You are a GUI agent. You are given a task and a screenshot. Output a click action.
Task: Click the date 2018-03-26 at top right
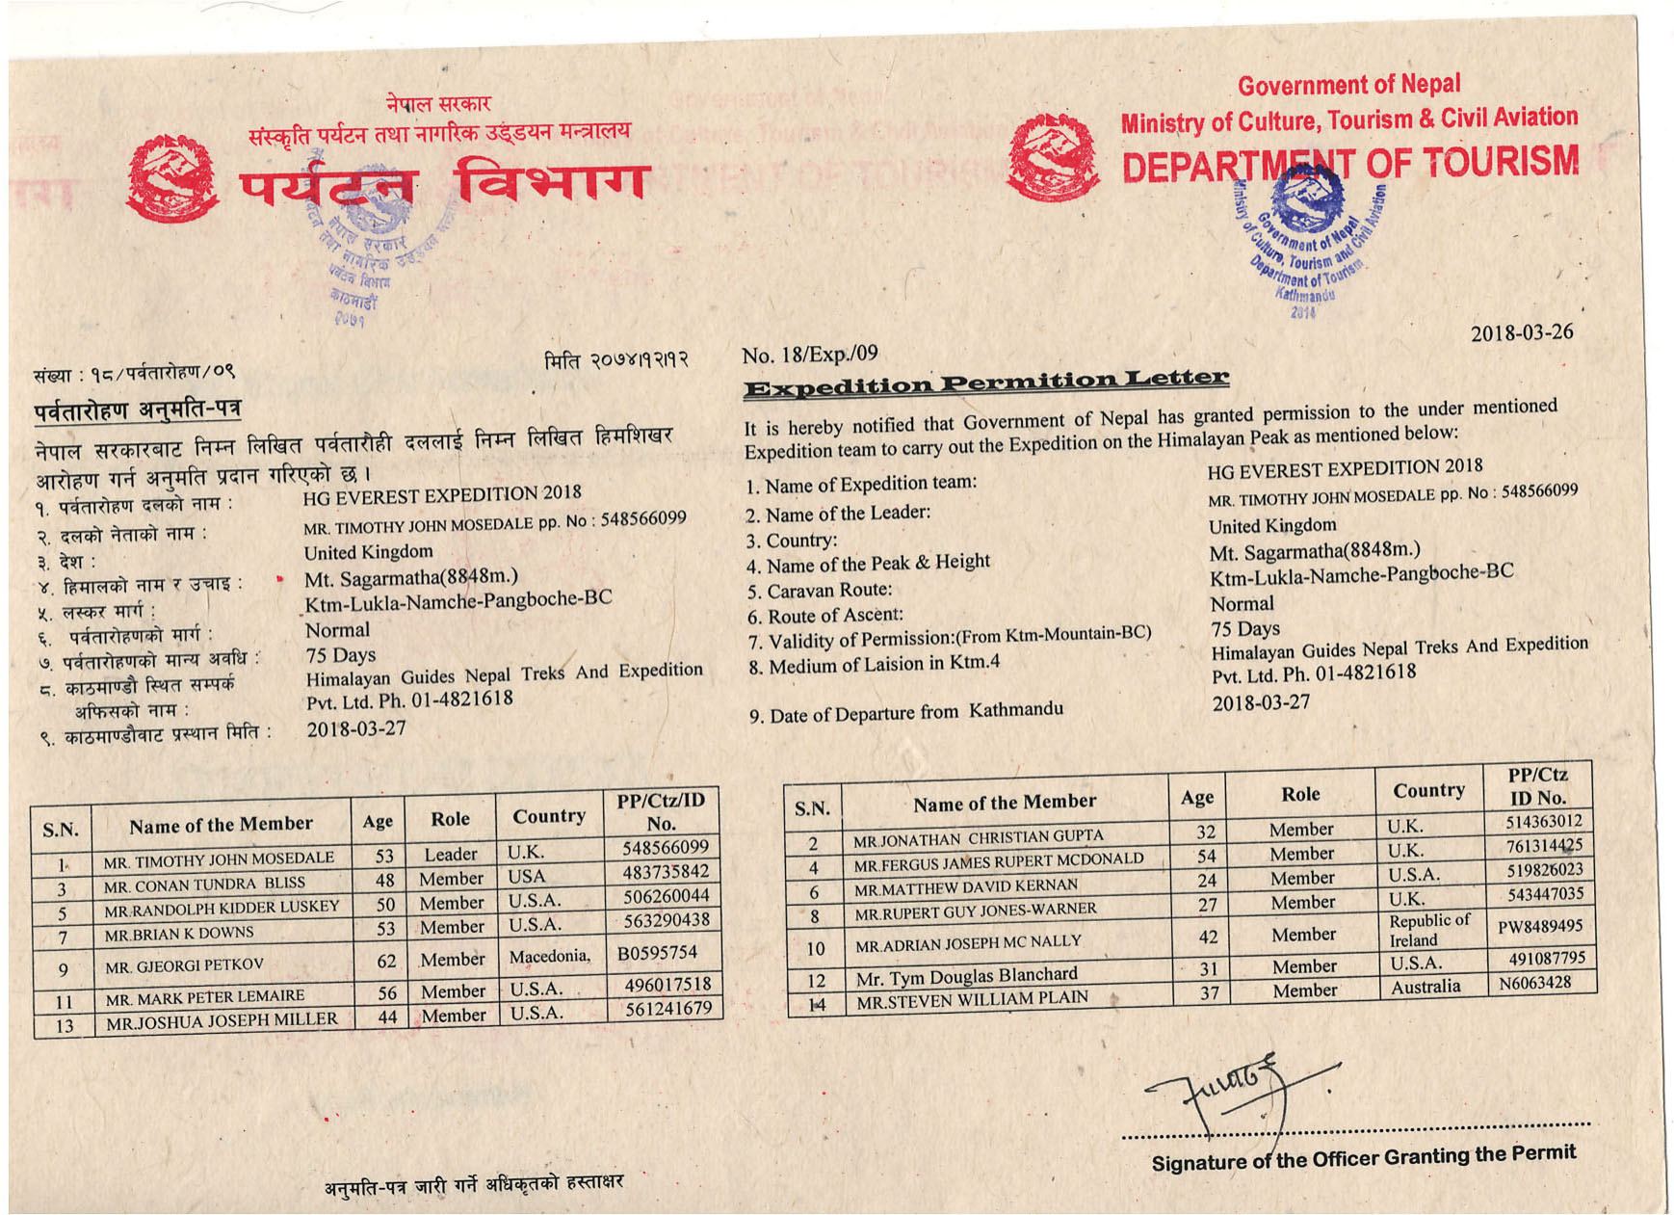(1521, 333)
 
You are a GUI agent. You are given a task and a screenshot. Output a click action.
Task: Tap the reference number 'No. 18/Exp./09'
(809, 355)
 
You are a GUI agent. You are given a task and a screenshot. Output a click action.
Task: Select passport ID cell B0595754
(657, 953)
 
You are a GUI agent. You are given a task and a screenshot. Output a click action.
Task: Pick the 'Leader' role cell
(450, 855)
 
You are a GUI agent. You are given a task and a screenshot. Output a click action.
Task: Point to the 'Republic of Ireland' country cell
(1428, 930)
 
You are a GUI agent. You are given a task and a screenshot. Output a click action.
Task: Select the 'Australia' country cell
(1425, 987)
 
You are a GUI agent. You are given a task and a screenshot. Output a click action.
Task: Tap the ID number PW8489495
(1539, 927)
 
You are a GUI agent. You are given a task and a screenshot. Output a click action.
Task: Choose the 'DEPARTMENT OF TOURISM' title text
(1350, 164)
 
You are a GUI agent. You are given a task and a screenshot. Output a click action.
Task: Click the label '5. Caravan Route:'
(819, 591)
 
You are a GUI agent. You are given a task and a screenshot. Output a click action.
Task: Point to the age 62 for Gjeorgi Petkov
(386, 961)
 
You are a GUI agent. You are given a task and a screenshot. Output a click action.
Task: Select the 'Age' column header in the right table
(1196, 797)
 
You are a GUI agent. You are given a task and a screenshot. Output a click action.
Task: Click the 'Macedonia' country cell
(549, 956)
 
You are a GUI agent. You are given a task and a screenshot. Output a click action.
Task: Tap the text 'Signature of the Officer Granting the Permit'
(1363, 1157)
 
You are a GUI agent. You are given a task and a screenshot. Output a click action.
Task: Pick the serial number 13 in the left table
(64, 1026)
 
